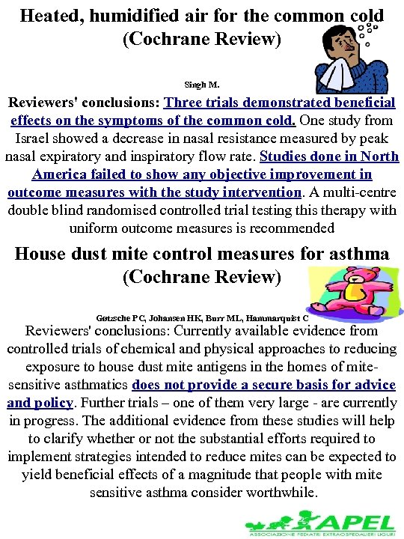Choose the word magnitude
(x=191, y=475)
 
